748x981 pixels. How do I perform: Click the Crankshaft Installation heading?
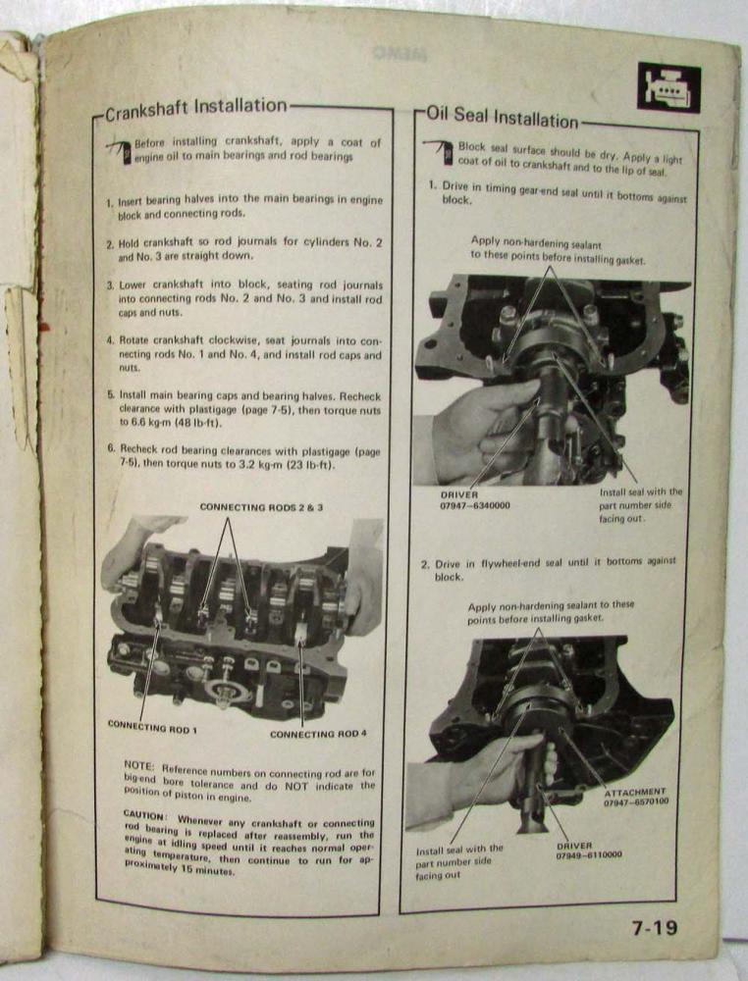195,109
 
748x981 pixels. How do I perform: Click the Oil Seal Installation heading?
502,117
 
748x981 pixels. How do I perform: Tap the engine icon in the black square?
668,88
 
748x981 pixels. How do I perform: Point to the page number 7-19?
654,927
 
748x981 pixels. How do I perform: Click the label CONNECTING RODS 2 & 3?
261,507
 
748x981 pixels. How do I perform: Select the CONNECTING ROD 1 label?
152,726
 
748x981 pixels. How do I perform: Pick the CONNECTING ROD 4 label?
318,733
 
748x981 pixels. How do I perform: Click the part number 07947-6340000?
474,505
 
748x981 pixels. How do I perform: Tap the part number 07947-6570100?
636,801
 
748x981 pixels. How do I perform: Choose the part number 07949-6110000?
589,855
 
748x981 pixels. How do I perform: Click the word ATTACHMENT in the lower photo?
635,792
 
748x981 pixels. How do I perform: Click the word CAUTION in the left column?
144,814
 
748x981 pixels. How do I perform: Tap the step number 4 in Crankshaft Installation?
109,340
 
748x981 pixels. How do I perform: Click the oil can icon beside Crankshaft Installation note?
121,151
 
